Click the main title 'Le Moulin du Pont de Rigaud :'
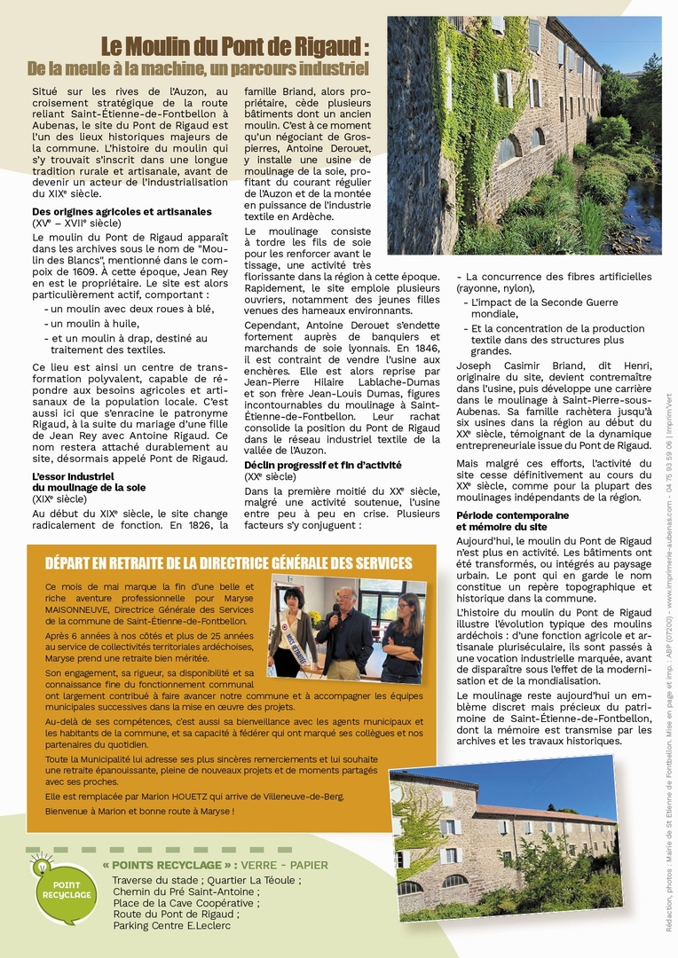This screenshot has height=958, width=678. click(x=234, y=46)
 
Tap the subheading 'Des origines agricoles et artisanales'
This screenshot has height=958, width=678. click(x=122, y=212)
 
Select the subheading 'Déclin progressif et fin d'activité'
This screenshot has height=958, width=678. click(x=323, y=465)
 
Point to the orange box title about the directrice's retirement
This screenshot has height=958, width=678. click(x=228, y=563)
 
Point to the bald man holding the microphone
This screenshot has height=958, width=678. click(x=345, y=630)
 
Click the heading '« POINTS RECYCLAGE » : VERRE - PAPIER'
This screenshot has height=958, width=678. click(x=215, y=865)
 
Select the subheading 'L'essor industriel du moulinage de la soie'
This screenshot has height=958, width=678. click(x=89, y=482)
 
